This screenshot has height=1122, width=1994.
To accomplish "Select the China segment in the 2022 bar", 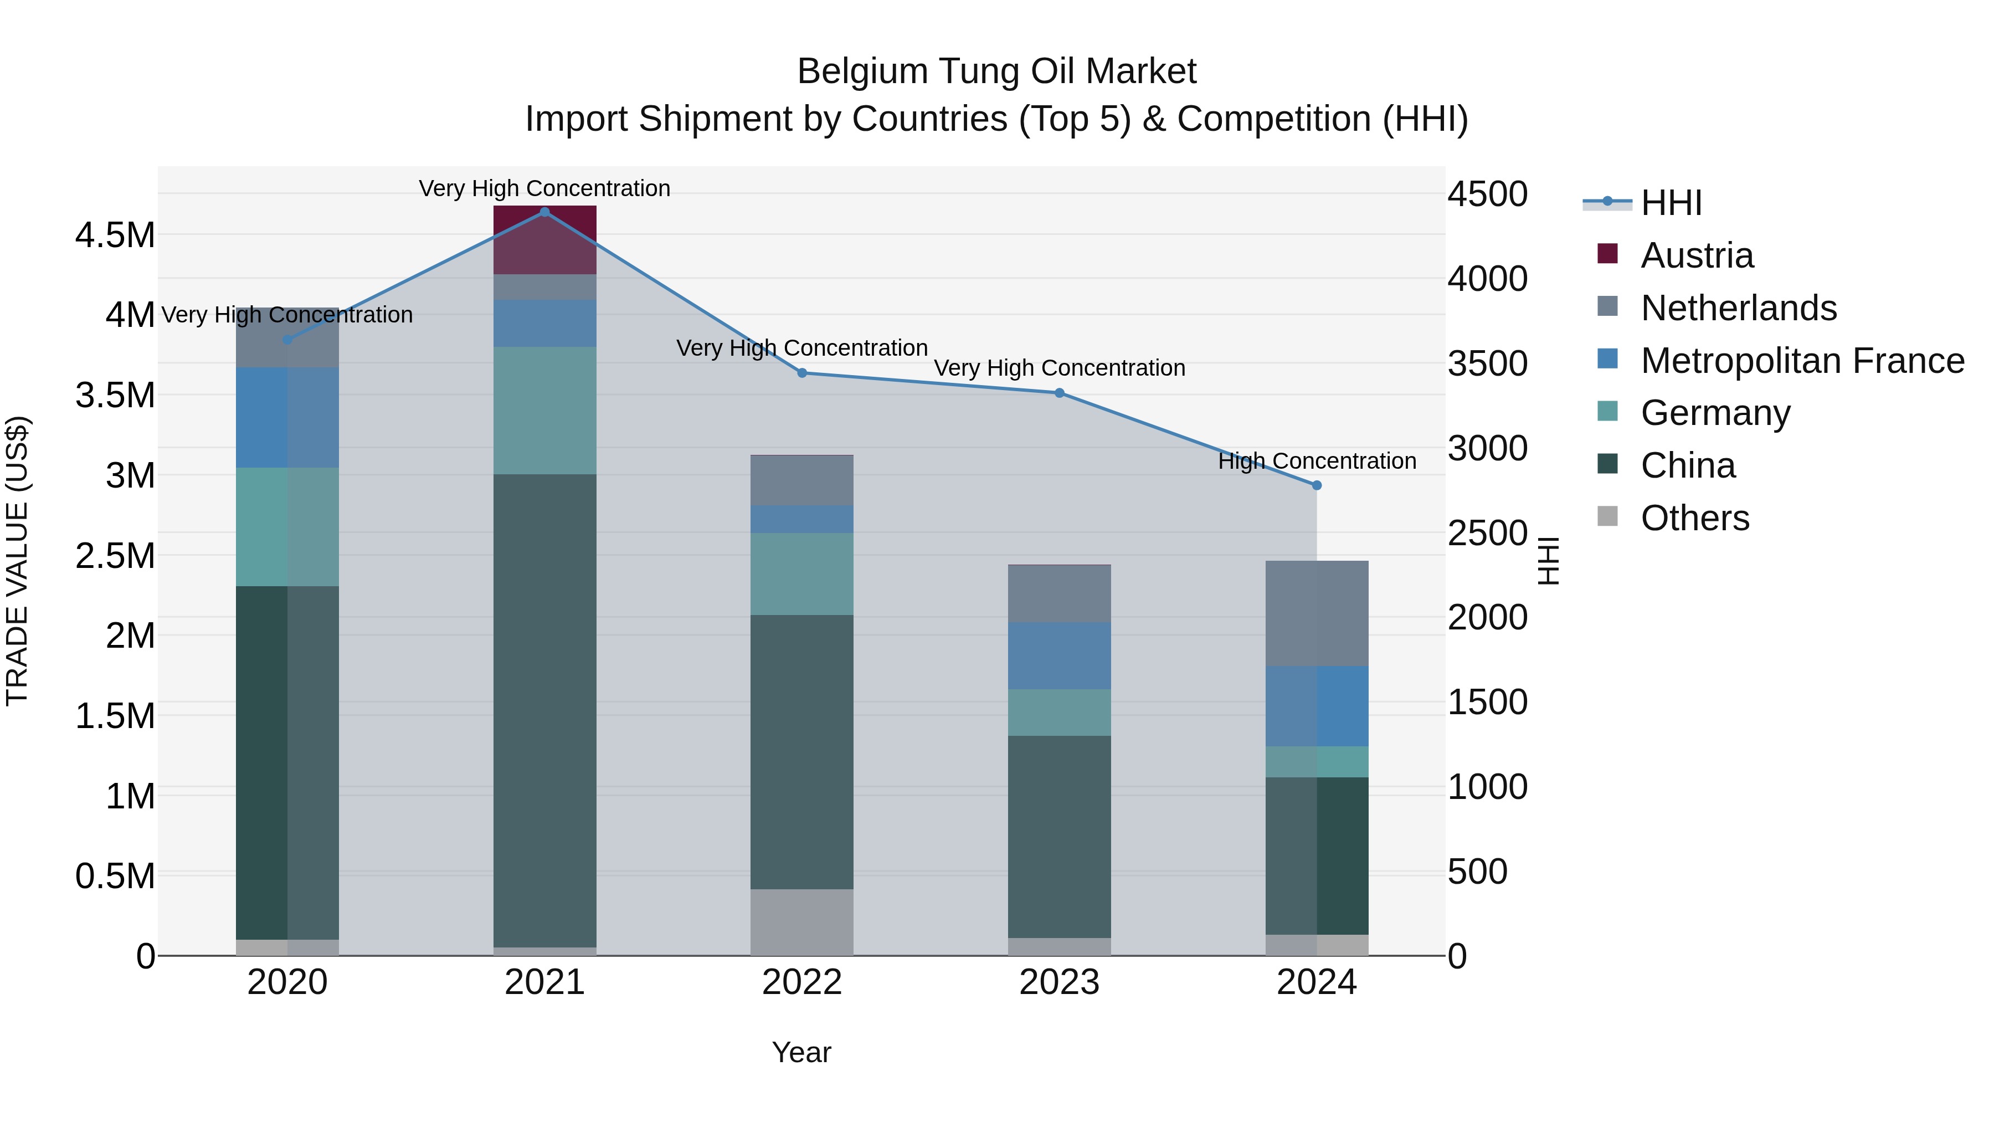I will click(x=802, y=751).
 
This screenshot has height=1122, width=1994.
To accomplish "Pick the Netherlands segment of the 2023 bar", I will click(x=1059, y=594).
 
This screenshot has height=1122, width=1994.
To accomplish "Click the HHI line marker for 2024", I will click(x=1317, y=485).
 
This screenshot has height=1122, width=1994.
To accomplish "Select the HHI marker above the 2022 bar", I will click(x=802, y=373).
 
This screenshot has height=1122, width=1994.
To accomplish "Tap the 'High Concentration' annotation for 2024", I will click(x=1317, y=462).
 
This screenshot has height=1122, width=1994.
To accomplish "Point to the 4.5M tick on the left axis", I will click(x=115, y=235).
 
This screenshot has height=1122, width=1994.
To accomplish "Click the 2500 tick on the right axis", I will click(x=1487, y=534).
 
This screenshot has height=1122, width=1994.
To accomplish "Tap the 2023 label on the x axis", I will click(x=1059, y=982).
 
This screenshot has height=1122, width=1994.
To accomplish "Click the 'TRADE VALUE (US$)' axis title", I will click(x=18, y=561).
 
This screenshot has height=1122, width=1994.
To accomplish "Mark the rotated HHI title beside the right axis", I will click(x=1548, y=561).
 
